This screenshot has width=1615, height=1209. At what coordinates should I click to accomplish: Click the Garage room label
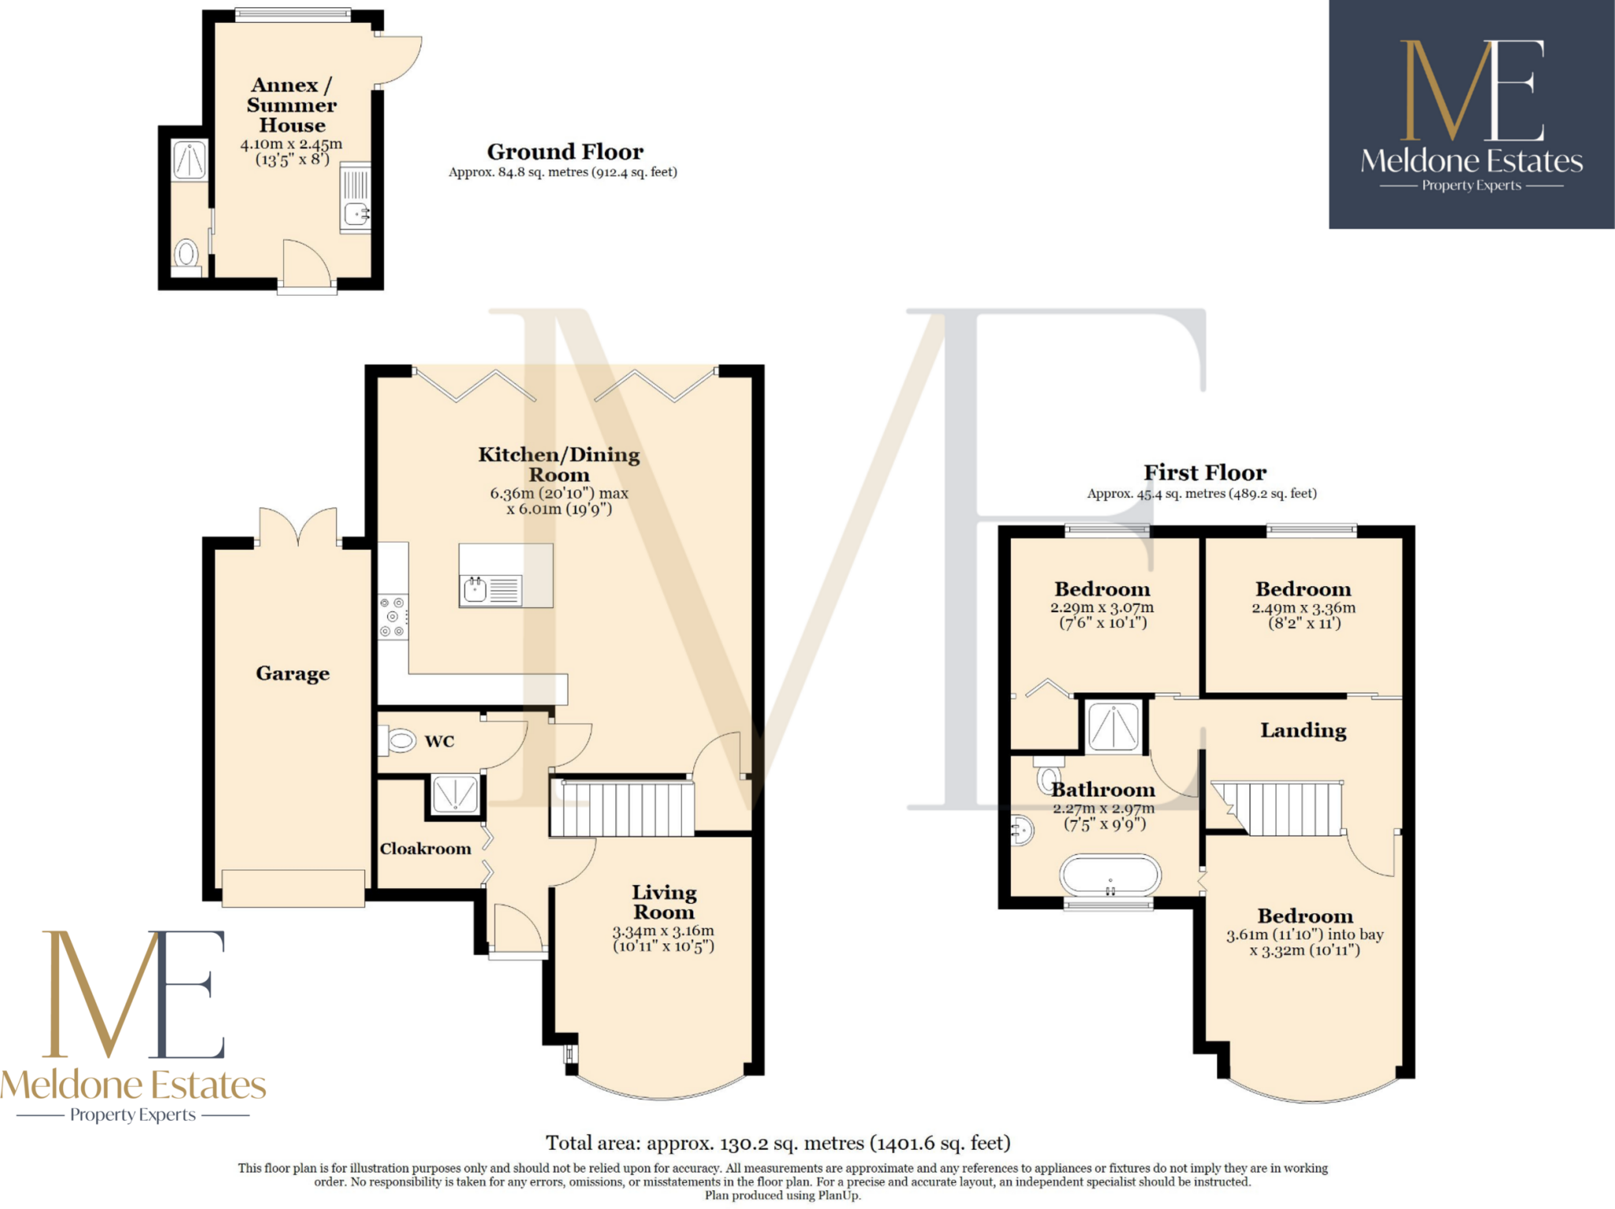point(293,673)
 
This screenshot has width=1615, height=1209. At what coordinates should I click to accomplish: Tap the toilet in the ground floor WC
point(400,741)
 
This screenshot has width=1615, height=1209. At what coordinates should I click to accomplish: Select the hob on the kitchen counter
point(393,616)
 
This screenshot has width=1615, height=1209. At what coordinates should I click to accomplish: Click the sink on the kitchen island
point(476,589)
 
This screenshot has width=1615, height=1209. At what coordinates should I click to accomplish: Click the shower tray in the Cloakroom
point(455,793)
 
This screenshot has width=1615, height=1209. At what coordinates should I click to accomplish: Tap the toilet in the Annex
point(187,254)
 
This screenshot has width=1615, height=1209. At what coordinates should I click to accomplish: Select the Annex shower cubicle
point(189,160)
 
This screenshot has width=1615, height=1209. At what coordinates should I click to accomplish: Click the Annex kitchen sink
point(356,213)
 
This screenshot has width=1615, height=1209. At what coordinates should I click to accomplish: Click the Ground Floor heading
point(565,151)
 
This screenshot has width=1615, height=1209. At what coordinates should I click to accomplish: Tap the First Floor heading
point(1205,472)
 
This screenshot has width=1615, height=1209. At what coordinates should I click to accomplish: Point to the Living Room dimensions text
point(663,938)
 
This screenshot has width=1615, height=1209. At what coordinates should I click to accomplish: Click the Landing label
point(1303,730)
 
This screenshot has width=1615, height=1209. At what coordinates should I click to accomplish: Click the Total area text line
point(778,1143)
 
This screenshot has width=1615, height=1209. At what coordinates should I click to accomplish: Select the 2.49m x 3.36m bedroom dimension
point(1304,615)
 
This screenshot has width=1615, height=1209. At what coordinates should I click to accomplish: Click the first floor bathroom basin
point(1022,830)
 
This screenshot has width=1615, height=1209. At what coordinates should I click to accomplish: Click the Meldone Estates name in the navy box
point(1471,161)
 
